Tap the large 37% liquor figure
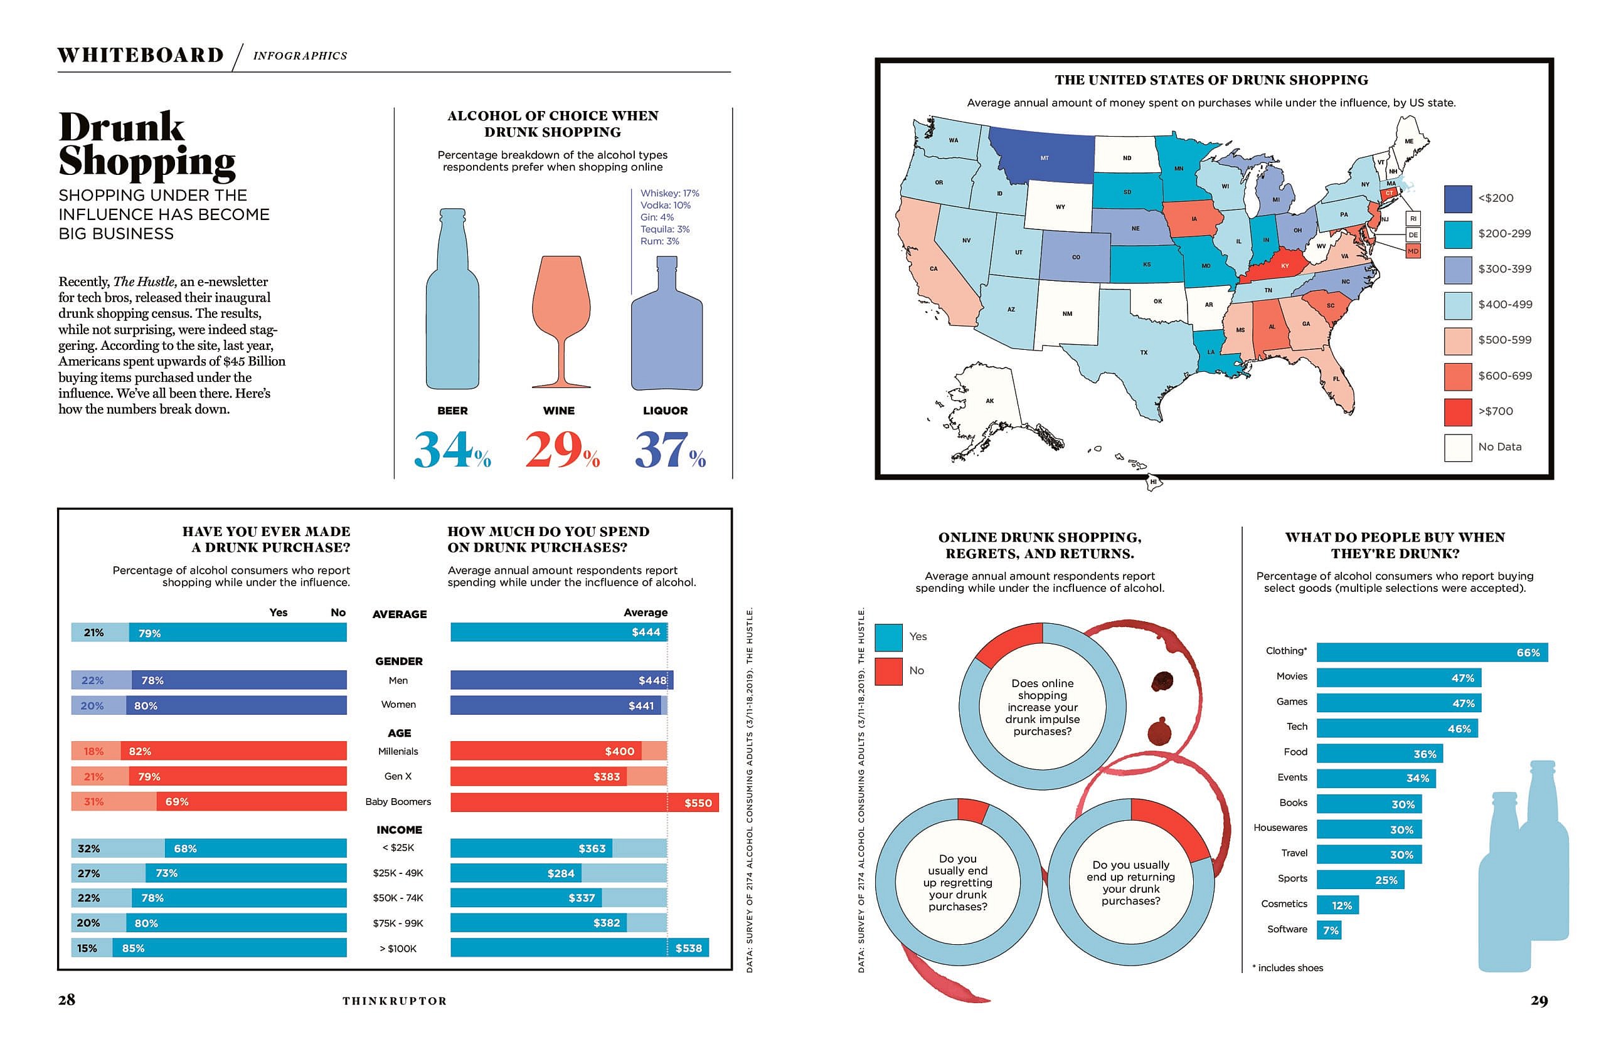click(669, 450)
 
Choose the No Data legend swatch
click(1457, 448)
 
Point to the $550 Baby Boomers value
click(698, 803)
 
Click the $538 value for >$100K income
click(688, 948)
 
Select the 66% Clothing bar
click(1432, 652)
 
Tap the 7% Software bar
click(1329, 930)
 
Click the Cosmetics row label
click(1284, 903)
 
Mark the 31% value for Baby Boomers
click(94, 802)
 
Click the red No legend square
click(888, 671)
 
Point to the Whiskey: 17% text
click(669, 193)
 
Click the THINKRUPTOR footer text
click(394, 1001)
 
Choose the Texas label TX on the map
click(1144, 352)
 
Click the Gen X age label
click(398, 776)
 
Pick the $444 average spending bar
click(559, 632)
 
